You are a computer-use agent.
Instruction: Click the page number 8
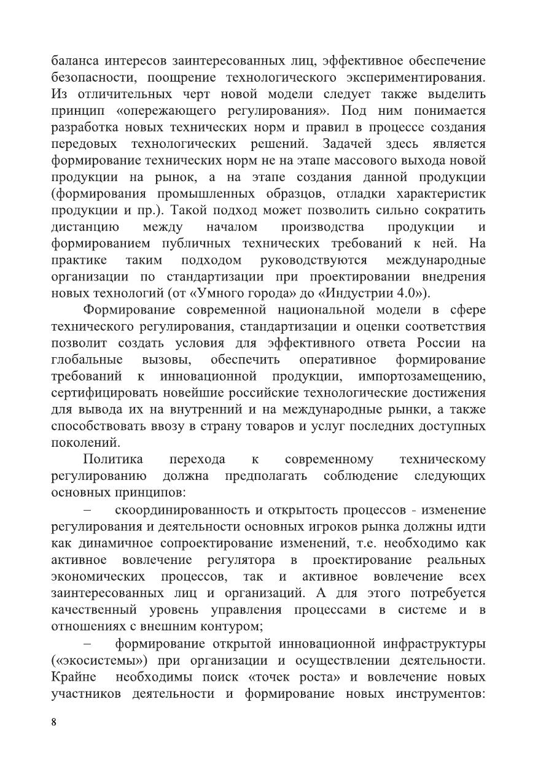pyautogui.click(x=54, y=722)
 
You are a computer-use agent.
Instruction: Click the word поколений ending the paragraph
pyautogui.click(x=85, y=442)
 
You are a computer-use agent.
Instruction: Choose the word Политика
pyautogui.click(x=113, y=460)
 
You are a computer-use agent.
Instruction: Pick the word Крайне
pyautogui.click(x=71, y=678)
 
